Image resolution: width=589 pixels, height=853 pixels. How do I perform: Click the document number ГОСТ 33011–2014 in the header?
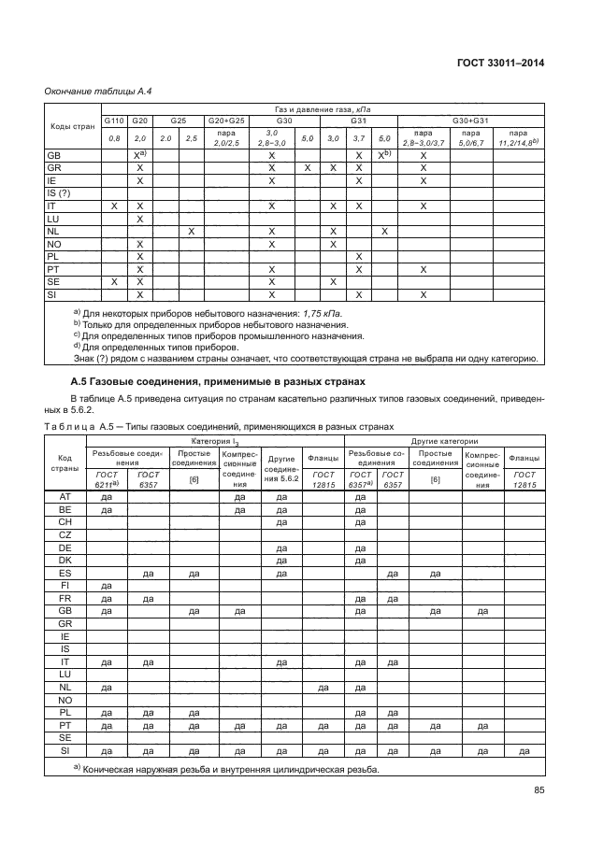[x=499, y=63]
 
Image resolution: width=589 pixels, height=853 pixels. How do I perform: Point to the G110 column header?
[x=114, y=121]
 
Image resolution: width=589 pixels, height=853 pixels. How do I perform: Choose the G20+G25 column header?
[x=226, y=121]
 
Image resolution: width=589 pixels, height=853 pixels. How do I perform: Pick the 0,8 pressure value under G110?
[x=114, y=138]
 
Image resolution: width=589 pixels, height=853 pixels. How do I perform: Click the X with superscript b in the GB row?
[x=383, y=155]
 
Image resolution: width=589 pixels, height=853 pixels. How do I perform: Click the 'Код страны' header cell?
[x=65, y=463]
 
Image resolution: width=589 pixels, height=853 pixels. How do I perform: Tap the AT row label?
[x=65, y=497]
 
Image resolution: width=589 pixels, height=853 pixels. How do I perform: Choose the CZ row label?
[x=65, y=534]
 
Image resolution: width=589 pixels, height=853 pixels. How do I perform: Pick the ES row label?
[x=65, y=573]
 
